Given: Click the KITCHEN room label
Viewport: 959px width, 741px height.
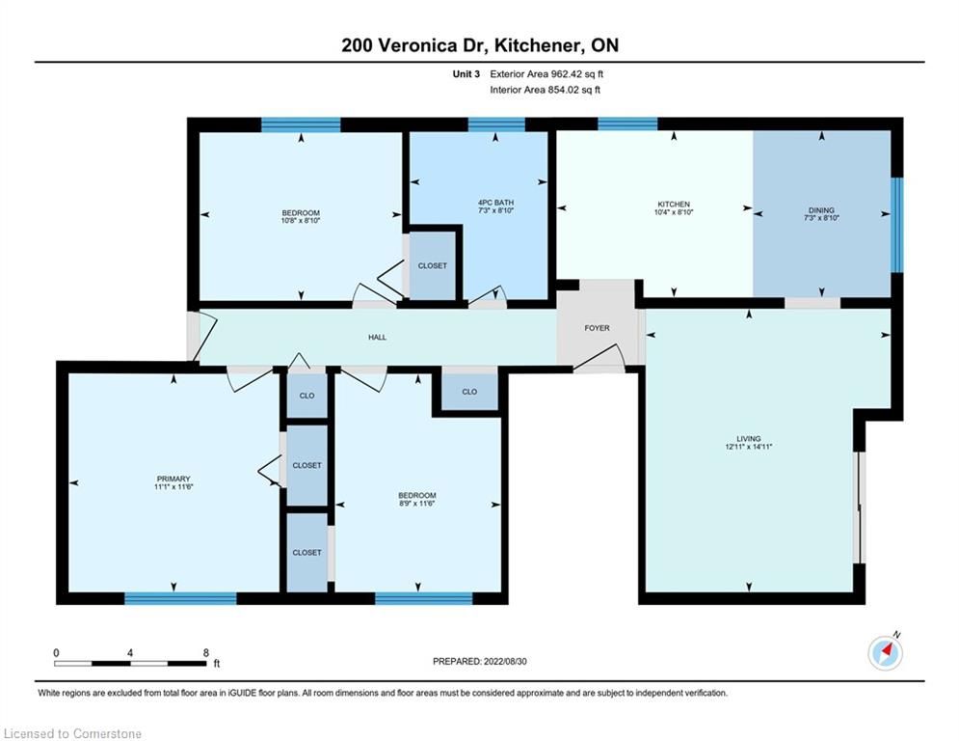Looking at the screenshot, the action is click(x=674, y=204).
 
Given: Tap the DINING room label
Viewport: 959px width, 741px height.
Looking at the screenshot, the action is click(x=821, y=210).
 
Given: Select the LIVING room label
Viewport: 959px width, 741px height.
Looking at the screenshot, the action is click(x=749, y=438).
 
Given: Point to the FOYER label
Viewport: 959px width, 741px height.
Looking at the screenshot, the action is click(x=597, y=328).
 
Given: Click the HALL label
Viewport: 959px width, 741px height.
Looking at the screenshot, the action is click(x=378, y=337).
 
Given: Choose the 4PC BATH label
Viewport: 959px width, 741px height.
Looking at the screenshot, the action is click(x=496, y=202).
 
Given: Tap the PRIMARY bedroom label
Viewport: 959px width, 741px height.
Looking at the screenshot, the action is click(x=173, y=479).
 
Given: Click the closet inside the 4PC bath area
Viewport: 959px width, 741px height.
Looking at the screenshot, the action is click(x=433, y=265).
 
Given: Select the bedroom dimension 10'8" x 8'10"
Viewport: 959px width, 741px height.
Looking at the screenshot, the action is click(x=301, y=220).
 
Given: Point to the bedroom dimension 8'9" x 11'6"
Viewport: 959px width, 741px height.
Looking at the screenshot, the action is click(x=417, y=504).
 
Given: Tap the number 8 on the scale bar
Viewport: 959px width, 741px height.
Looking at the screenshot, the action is click(x=206, y=653).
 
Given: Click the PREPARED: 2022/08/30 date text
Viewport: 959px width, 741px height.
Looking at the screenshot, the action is click(x=480, y=661).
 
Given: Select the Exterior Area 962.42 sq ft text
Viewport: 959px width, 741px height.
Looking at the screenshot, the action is click(x=546, y=74).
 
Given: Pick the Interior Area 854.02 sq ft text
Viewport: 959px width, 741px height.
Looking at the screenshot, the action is click(x=545, y=90).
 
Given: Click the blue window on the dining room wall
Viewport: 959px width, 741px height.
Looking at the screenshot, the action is click(x=896, y=224).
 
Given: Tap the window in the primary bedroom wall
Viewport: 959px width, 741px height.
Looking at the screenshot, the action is click(x=180, y=598).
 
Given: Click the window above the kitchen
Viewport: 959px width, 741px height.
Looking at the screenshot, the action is click(x=627, y=123).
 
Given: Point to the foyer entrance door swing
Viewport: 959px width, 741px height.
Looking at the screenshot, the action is click(x=599, y=358).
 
